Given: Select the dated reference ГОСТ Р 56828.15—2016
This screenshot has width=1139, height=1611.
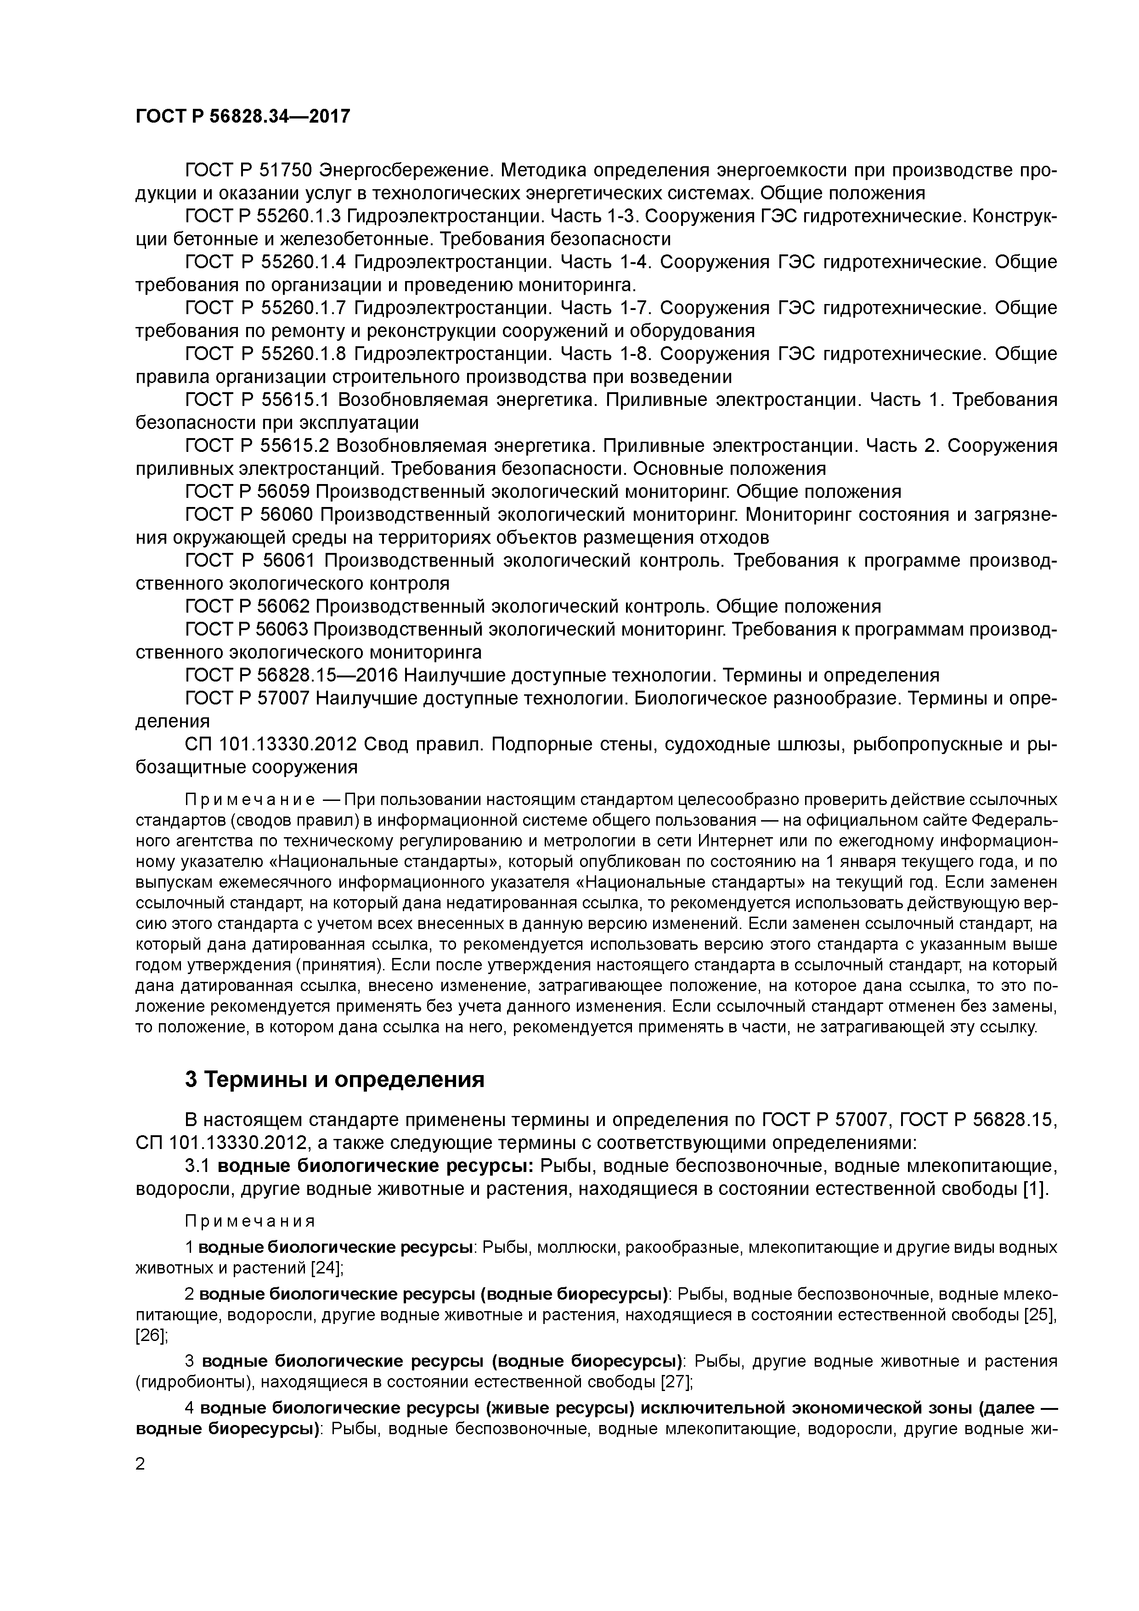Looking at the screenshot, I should coord(291,675).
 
